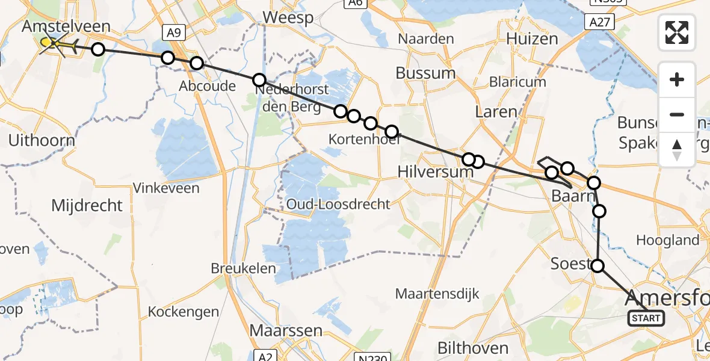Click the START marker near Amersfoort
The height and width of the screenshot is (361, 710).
(x=646, y=318)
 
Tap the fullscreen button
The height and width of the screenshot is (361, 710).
(x=677, y=32)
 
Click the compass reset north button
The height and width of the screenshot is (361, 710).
(x=677, y=149)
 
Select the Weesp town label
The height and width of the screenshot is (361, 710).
(x=288, y=17)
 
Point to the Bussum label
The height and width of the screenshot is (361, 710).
(x=425, y=73)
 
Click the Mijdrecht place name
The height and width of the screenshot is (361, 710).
(x=87, y=206)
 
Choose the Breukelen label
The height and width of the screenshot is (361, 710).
(x=243, y=268)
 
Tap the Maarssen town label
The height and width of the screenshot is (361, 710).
(x=286, y=331)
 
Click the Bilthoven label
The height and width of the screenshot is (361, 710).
(x=472, y=348)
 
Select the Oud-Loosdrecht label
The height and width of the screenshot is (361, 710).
(x=338, y=204)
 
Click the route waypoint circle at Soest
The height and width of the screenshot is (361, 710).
(x=597, y=265)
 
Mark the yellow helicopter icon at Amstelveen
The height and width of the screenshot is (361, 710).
(x=51, y=43)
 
